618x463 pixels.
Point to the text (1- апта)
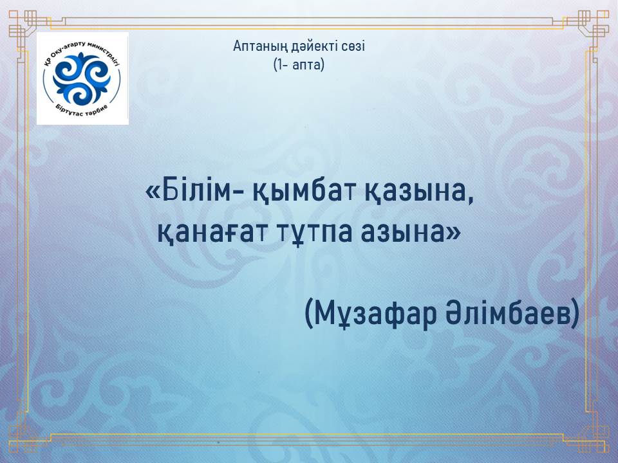pos(299,64)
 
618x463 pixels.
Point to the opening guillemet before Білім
pos(153,194)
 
